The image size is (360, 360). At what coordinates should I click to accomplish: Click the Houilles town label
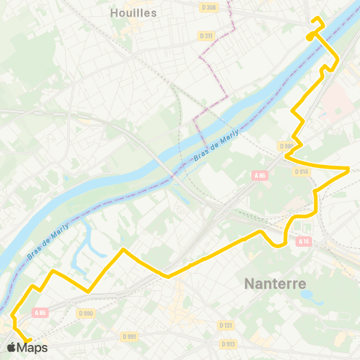pyautogui.click(x=133, y=13)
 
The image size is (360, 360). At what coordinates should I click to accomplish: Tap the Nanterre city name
pyautogui.click(x=274, y=283)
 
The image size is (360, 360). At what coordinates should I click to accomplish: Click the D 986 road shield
pyautogui.click(x=286, y=146)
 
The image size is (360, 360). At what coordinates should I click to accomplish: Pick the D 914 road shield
pyautogui.click(x=301, y=171)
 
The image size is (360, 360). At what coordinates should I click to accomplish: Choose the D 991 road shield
pyautogui.click(x=128, y=337)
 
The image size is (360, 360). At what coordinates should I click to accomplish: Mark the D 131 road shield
pyautogui.click(x=226, y=325)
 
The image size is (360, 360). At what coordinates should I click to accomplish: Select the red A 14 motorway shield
pyautogui.click(x=303, y=241)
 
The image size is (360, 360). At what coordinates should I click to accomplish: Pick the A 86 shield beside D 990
pyautogui.click(x=40, y=313)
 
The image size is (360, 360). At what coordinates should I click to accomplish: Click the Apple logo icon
pyautogui.click(x=11, y=347)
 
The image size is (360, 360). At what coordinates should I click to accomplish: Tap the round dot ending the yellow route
pyautogui.click(x=310, y=36)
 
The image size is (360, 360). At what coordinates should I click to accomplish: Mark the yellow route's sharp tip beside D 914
pyautogui.click(x=349, y=168)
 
